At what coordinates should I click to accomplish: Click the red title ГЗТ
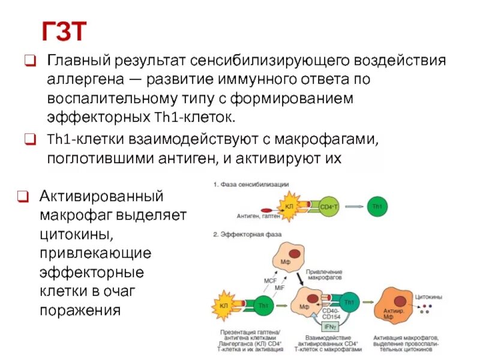click(64, 31)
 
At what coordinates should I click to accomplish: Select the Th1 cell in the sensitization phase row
click(377, 206)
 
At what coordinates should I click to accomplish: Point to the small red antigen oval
click(247, 206)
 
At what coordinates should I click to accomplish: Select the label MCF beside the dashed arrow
click(271, 280)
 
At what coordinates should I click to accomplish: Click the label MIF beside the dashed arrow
click(280, 288)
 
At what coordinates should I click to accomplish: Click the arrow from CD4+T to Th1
click(353, 206)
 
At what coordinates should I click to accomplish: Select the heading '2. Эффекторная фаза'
click(247, 232)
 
